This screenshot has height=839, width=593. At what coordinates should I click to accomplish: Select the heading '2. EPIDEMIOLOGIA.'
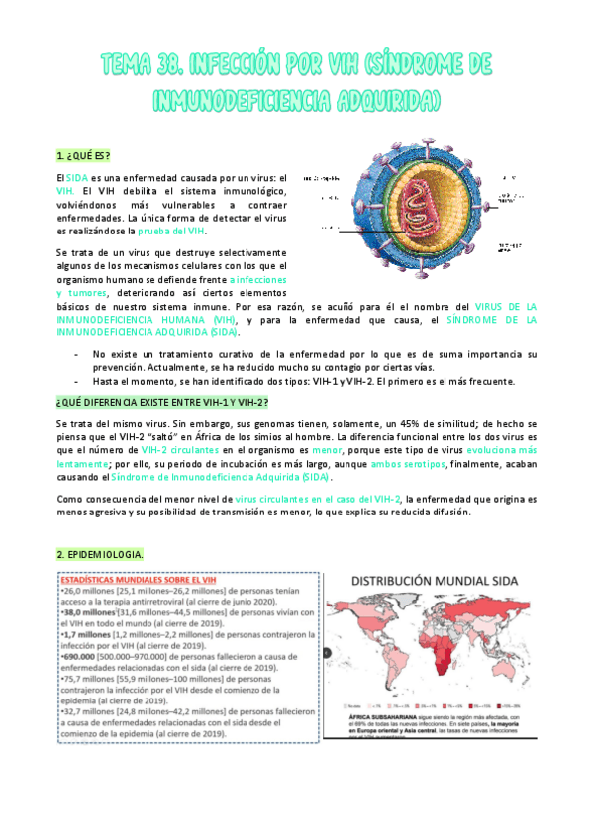point(99,554)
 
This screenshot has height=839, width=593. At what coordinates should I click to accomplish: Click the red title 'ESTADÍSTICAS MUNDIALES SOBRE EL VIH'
point(134,580)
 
